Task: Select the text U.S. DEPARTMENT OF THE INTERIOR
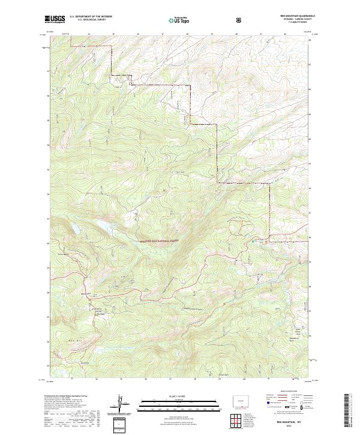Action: click(91, 17)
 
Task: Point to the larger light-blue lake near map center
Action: click(102, 226)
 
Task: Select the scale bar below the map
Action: click(171, 404)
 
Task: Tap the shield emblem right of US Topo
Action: click(240, 20)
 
